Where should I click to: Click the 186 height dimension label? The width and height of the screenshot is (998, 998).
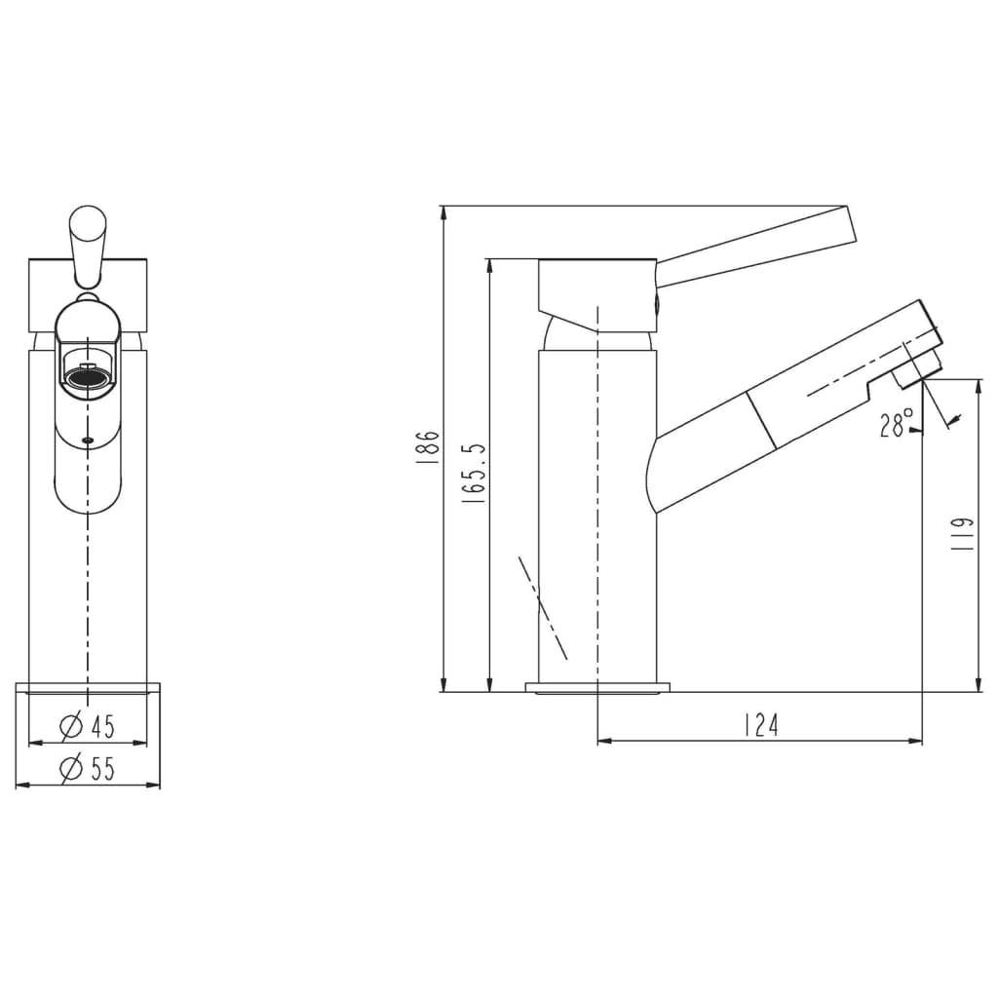click(428, 450)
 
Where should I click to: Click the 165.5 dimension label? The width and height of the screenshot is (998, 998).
click(475, 475)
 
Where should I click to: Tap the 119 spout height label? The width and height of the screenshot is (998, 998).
click(962, 533)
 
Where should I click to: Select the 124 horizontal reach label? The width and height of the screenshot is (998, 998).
click(761, 725)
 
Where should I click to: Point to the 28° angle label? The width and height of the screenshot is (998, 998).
click(897, 424)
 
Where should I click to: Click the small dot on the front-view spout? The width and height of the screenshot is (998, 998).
click(88, 440)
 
